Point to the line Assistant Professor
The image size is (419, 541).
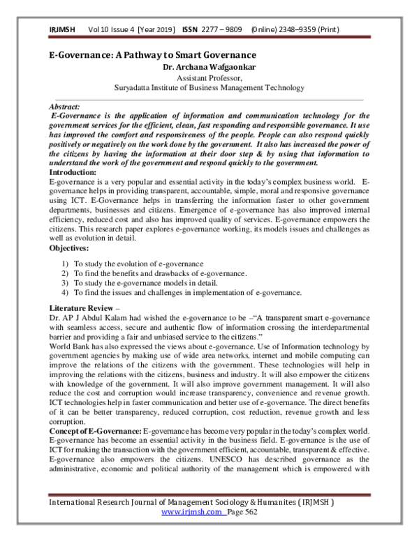pos(209,79)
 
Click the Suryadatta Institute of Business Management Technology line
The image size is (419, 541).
pos(209,89)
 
